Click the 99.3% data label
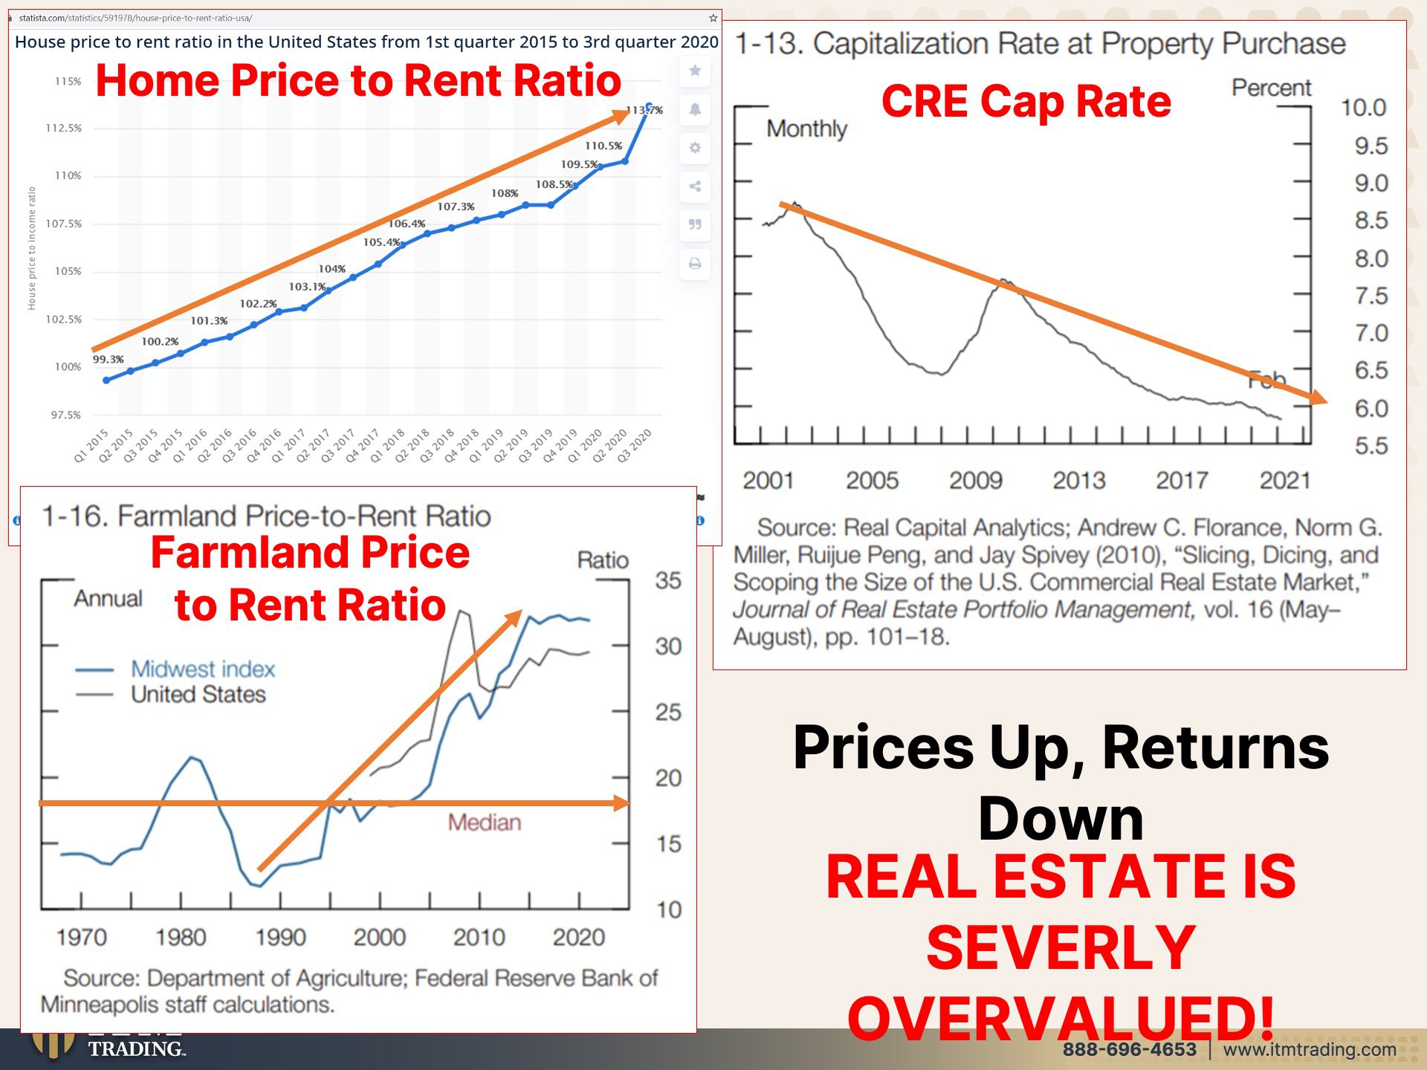tap(109, 360)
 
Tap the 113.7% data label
tap(644, 110)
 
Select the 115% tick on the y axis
tap(68, 82)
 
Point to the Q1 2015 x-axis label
tap(91, 445)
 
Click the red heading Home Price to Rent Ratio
tap(358, 80)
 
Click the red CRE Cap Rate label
tap(1026, 101)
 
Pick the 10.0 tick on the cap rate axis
tap(1363, 108)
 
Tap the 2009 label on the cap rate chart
tap(975, 481)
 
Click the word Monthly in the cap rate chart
tap(806, 129)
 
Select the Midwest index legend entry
tap(202, 669)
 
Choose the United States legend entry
tap(198, 695)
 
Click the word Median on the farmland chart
tap(484, 823)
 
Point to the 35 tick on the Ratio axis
tap(668, 580)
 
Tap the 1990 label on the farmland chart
tap(280, 938)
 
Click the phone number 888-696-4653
tap(1129, 1049)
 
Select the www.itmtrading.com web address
tap(1310, 1049)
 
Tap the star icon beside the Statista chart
tap(695, 71)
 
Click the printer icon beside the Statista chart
tap(695, 264)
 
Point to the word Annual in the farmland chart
tap(108, 599)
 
